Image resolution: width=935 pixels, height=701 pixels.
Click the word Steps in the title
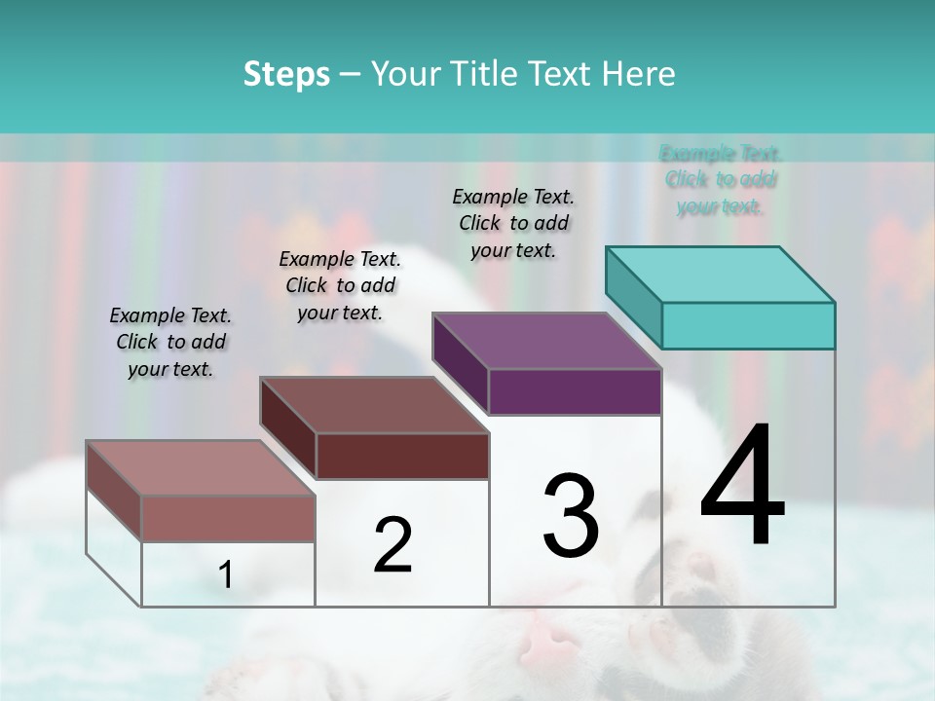pyautogui.click(x=286, y=74)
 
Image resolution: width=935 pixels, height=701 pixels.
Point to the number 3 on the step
pyautogui.click(x=570, y=515)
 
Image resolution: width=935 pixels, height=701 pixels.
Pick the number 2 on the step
pyautogui.click(x=393, y=545)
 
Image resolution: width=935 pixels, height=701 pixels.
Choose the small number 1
pyautogui.click(x=226, y=575)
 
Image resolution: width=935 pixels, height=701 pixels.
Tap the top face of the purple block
pyautogui.click(x=547, y=341)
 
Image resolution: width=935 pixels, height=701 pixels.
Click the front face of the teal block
pyautogui.click(x=748, y=325)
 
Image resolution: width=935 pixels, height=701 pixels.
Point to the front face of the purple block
pyautogui.click(x=575, y=391)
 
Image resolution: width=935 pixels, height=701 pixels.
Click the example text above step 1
pyautogui.click(x=170, y=342)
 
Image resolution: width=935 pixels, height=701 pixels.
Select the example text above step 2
pyautogui.click(x=340, y=285)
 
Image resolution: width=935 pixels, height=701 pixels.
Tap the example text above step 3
pyautogui.click(x=513, y=223)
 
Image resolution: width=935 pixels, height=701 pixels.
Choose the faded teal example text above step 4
pyautogui.click(x=721, y=179)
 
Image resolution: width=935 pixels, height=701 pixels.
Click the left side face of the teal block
pyautogui.click(x=633, y=297)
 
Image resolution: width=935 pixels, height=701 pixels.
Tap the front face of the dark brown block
pyautogui.click(x=401, y=456)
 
